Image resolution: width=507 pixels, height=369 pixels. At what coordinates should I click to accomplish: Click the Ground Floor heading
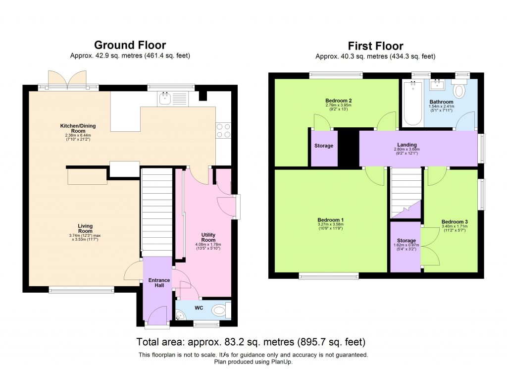(130, 46)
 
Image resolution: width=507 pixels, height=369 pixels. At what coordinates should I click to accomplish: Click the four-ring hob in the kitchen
(223, 130)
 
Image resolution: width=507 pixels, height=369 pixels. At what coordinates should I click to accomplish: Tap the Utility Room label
(208, 237)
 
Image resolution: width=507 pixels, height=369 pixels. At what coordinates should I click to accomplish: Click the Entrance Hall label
(159, 283)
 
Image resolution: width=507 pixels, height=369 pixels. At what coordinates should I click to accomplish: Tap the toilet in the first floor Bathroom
(460, 90)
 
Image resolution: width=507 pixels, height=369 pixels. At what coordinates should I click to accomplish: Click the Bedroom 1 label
(331, 220)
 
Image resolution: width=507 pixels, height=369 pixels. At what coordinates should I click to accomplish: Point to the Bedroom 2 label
(338, 100)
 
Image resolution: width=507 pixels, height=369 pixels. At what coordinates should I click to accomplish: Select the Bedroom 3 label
(454, 221)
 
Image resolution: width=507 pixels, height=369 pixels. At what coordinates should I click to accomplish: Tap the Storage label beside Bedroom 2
(323, 146)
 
